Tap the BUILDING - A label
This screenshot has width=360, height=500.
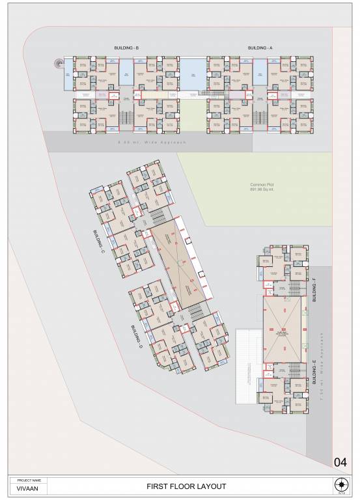260,48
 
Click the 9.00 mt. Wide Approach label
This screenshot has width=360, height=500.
152,141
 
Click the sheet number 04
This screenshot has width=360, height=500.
340,463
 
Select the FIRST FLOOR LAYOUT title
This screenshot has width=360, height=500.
186,486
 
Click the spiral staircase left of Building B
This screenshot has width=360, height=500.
59,64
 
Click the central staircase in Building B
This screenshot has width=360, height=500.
126,118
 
